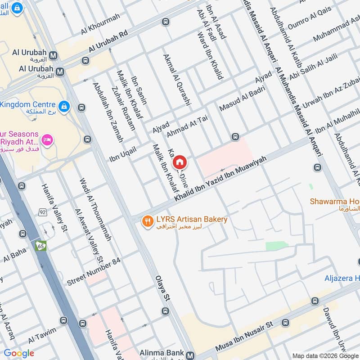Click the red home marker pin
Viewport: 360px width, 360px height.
tap(180, 162)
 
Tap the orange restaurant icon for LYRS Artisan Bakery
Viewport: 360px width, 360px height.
tap(147, 221)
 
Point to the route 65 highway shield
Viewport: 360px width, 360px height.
tap(41, 246)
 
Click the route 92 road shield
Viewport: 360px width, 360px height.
tap(43, 212)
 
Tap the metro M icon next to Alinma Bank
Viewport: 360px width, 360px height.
tap(191, 355)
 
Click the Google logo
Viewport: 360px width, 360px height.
tap(19, 353)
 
